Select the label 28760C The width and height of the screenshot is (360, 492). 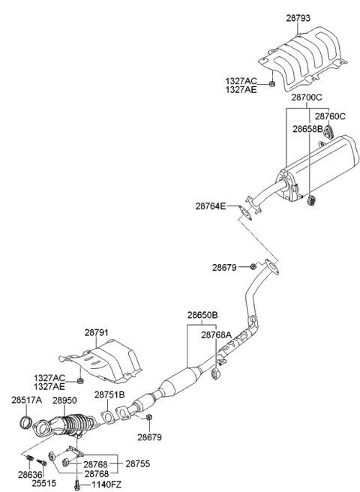[330, 116]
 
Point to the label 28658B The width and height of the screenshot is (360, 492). [307, 128]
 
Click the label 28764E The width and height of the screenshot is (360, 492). [210, 205]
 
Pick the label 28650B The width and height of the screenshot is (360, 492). [202, 316]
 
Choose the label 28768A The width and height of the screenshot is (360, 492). [216, 335]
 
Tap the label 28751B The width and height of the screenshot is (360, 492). [109, 394]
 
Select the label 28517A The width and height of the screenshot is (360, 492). [26, 400]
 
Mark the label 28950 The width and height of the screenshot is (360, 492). [65, 400]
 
